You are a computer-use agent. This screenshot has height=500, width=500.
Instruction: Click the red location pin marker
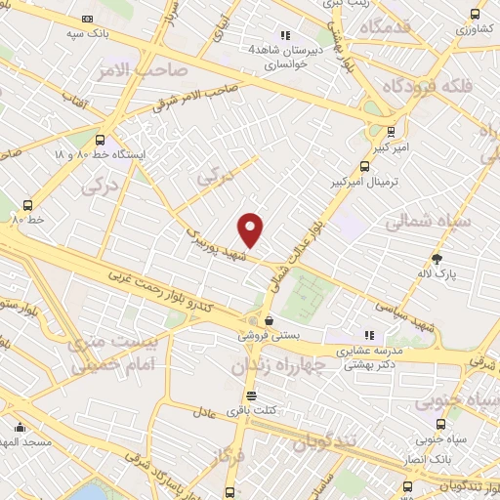[251, 230]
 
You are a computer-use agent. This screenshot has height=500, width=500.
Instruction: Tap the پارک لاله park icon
[437, 259]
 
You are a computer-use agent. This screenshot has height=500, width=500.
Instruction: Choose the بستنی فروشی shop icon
[268, 320]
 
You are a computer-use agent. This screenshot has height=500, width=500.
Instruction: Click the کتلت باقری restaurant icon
[252, 396]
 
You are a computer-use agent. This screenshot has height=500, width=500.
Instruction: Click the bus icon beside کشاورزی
[475, 15]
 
